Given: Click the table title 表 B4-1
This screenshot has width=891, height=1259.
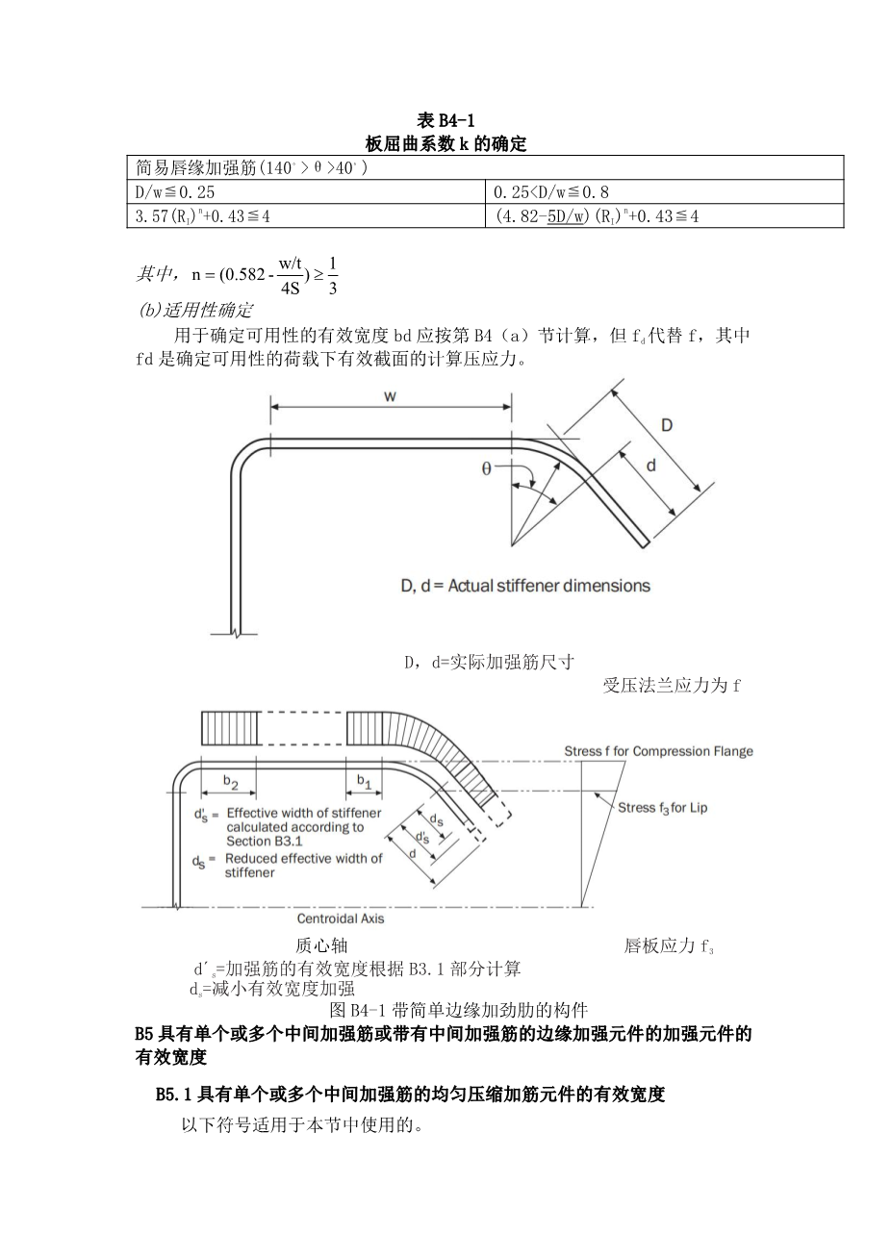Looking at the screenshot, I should pyautogui.click(x=445, y=121).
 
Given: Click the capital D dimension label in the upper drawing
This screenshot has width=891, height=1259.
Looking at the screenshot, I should pyautogui.click(x=665, y=425).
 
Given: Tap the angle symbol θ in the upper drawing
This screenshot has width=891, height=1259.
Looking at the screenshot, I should pyautogui.click(x=487, y=468).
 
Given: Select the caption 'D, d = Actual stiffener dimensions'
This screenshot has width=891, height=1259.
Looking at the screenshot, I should pyautogui.click(x=525, y=586).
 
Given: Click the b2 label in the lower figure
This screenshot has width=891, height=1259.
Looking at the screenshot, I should pyautogui.click(x=231, y=782).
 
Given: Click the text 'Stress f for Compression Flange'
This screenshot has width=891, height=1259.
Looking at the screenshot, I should pyautogui.click(x=658, y=751).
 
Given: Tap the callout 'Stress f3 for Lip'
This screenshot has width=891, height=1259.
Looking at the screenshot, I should pyautogui.click(x=662, y=807).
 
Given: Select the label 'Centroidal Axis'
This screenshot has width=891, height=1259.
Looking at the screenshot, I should pyautogui.click(x=341, y=919).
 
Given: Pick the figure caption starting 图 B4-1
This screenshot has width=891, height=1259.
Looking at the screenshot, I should pyautogui.click(x=458, y=1010).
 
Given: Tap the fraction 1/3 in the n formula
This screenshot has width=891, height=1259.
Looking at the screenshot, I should pyautogui.click(x=333, y=275).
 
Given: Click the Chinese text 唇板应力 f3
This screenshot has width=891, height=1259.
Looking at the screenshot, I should pyautogui.click(x=668, y=946).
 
